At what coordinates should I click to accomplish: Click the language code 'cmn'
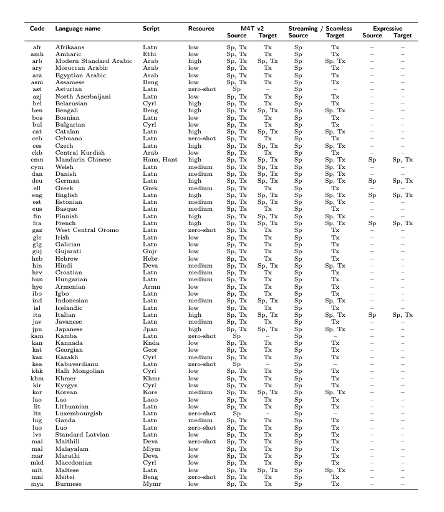point(37,159)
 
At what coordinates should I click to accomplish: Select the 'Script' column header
point(151,29)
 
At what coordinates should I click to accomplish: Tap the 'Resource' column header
point(201,29)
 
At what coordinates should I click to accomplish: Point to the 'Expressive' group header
point(387,29)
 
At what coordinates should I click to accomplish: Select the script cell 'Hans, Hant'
point(160,159)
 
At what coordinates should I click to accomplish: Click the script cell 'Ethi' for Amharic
point(149,54)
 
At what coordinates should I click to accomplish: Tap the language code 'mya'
point(37,483)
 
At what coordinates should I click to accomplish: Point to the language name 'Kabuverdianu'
point(75,364)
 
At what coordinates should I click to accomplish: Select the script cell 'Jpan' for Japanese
point(150,329)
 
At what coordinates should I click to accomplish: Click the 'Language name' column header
point(77,29)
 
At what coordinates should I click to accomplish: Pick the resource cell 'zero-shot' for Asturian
point(202,89)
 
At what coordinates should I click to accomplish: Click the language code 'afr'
point(37,47)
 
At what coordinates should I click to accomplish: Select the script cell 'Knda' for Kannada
point(150,342)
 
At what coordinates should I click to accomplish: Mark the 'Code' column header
point(37,29)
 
